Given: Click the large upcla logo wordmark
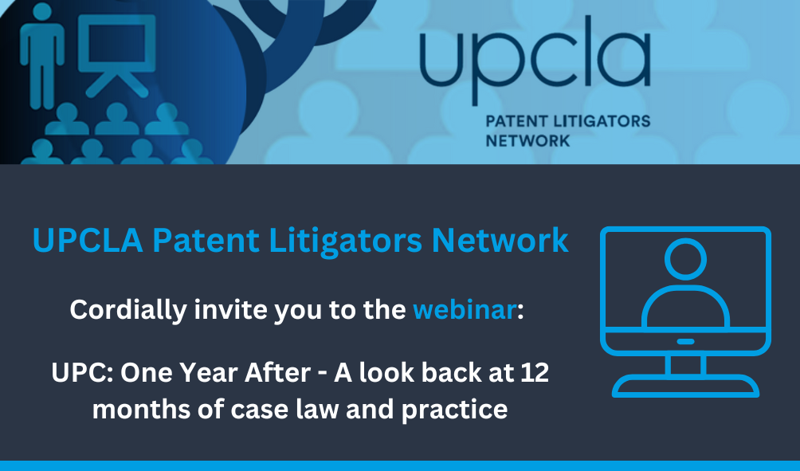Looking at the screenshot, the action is click(535, 59).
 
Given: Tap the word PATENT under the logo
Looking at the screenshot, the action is click(517, 121).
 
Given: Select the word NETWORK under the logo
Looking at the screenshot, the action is click(527, 141).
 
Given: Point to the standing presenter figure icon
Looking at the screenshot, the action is click(42, 56).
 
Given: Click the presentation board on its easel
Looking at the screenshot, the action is click(117, 53).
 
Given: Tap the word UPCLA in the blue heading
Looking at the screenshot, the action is click(88, 241).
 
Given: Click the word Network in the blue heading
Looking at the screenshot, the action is click(500, 241).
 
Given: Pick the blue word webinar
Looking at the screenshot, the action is click(465, 310).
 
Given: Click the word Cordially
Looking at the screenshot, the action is click(128, 311).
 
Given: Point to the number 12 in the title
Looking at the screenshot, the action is click(535, 373).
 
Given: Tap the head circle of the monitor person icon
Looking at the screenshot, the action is click(685, 259).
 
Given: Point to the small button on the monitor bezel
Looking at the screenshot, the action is click(685, 341).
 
